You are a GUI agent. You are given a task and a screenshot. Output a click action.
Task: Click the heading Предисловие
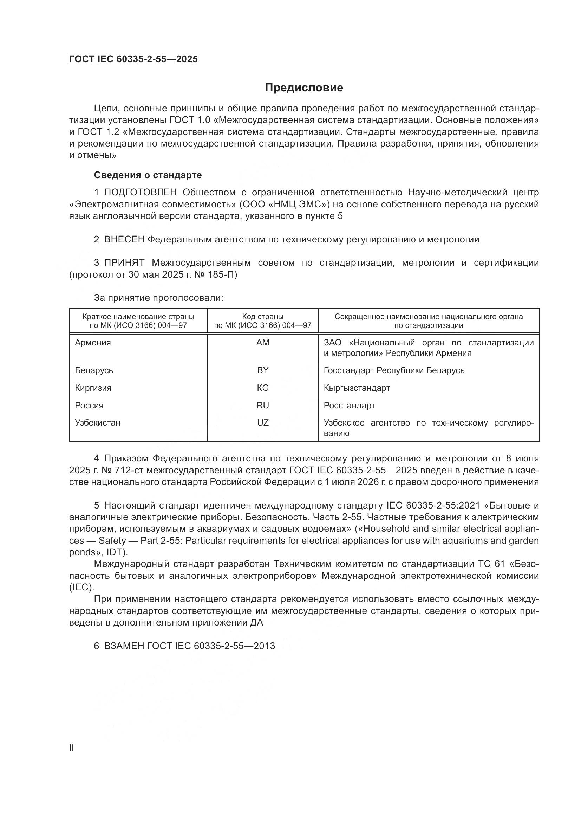(304, 88)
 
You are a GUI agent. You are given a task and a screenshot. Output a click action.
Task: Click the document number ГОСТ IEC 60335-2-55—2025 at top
(133, 59)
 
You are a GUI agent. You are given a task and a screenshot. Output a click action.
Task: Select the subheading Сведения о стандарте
(148, 175)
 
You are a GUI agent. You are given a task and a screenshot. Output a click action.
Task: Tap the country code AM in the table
(263, 343)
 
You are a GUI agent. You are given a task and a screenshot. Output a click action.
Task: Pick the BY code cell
(263, 370)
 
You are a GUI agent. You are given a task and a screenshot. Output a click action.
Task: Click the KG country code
(263, 388)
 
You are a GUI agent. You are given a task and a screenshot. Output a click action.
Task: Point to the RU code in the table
(263, 405)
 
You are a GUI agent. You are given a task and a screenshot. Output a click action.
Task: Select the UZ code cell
(263, 422)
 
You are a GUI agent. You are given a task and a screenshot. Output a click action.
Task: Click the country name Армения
(93, 343)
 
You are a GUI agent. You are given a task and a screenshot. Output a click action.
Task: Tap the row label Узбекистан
(98, 422)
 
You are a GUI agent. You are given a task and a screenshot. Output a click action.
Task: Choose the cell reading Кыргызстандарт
(357, 388)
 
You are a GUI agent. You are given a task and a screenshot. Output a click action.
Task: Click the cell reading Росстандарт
(349, 405)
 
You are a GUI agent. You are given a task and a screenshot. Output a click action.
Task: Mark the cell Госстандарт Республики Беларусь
(394, 370)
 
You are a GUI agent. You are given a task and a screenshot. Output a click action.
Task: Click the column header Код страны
(263, 317)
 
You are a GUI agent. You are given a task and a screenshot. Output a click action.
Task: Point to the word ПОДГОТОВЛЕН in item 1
(140, 193)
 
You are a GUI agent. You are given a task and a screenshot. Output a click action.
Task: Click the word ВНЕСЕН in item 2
(124, 240)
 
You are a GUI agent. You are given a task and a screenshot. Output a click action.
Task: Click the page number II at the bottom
(72, 747)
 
